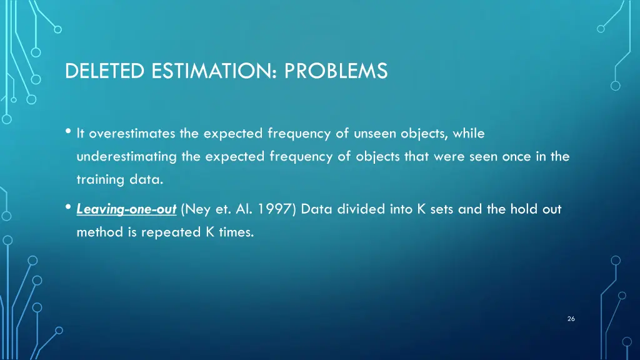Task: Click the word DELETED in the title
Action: click(105, 72)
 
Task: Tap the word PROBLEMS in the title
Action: click(336, 72)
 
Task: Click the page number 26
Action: click(571, 319)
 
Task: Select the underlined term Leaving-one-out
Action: click(126, 209)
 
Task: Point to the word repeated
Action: click(176, 233)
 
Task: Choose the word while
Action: click(469, 133)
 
